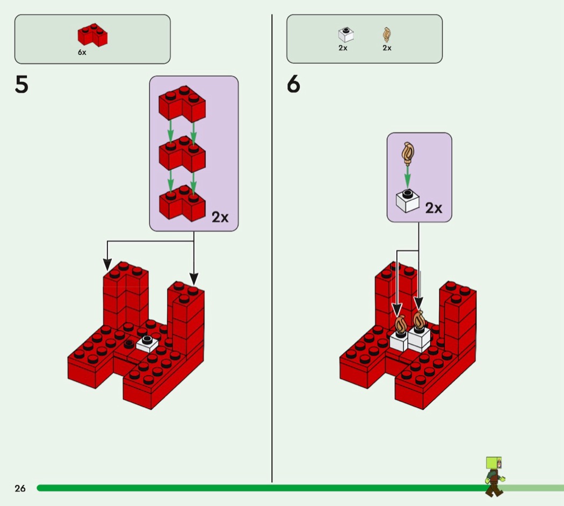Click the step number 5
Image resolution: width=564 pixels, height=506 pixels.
[21, 85]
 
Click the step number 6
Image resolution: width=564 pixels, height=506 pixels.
[293, 85]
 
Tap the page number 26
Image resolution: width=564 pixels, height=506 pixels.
[20, 488]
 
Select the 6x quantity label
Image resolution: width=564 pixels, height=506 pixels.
[82, 53]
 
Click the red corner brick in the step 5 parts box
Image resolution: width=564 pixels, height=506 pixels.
[92, 35]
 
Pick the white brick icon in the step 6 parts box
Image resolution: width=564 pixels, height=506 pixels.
[346, 34]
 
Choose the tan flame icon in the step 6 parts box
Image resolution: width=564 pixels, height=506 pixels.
[387, 35]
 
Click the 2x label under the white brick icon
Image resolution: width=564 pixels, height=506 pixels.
[343, 48]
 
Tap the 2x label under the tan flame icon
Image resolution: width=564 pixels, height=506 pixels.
[387, 48]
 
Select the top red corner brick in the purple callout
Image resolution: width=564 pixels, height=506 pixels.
[182, 103]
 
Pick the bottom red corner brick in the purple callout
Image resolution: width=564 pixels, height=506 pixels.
[182, 203]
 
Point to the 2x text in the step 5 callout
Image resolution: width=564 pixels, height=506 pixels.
[220, 217]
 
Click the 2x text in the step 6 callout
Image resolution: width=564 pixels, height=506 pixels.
[433, 208]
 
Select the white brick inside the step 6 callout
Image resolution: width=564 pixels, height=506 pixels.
[408, 200]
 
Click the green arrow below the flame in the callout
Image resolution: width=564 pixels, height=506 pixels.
[408, 177]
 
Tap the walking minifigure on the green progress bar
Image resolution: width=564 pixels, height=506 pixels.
[494, 476]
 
